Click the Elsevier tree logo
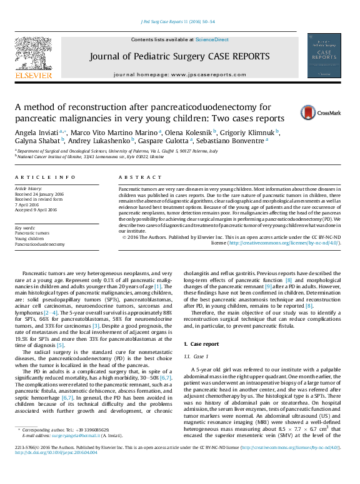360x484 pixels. click(34, 57)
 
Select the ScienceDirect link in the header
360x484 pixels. click(212, 39)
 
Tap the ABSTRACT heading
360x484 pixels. click(137, 177)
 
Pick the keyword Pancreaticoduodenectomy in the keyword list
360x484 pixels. click(39, 245)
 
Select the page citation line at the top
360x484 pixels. click(179, 22)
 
